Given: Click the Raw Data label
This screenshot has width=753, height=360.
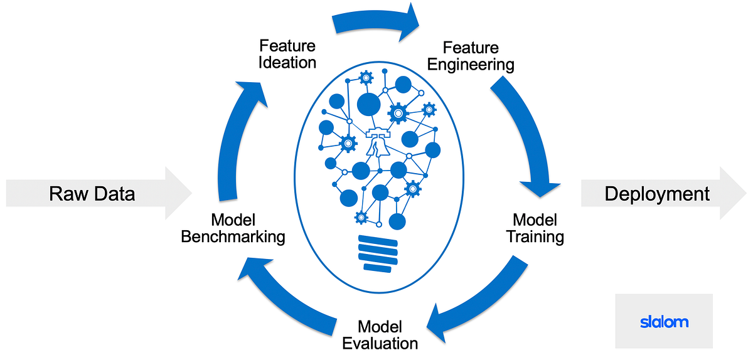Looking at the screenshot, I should coord(92,194).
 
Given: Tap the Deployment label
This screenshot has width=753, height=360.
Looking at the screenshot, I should coord(657,194).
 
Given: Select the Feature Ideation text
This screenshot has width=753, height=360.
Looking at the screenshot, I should coord(288,54).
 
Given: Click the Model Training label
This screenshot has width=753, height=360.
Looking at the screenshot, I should coord(535,228).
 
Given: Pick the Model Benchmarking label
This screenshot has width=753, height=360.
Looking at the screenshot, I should coord(233,228).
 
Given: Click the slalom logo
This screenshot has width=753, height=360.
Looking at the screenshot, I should coord(664,322).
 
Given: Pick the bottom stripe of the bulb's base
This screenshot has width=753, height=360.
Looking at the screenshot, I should coord(378,268).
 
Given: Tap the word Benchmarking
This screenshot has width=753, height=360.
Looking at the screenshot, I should coord(233,237).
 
